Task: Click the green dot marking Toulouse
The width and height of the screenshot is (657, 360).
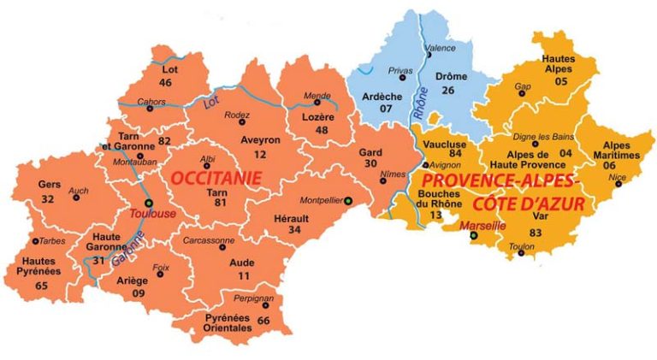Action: point(149,203)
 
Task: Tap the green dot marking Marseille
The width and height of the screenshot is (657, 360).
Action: point(474,236)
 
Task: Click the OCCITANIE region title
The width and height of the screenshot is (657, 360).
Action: point(214,178)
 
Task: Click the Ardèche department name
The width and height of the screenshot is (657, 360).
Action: point(382,96)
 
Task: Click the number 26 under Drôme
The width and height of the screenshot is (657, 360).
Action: point(448,90)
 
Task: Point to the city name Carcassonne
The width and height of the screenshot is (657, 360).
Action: point(210,240)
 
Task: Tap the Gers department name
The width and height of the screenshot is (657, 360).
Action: point(49,184)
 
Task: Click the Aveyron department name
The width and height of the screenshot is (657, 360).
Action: point(236,139)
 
